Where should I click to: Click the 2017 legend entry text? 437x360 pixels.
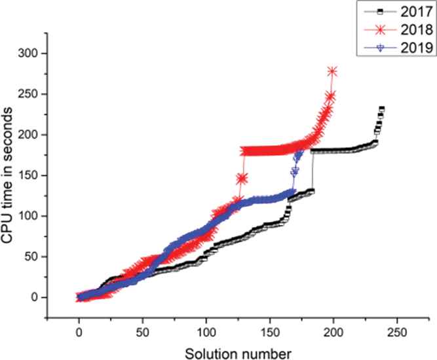click(x=413, y=11)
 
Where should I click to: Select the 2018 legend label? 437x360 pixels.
click(x=413, y=29)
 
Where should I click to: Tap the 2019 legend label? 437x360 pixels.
click(x=413, y=47)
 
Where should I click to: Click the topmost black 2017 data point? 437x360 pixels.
click(x=381, y=109)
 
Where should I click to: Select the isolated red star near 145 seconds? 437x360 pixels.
click(x=242, y=178)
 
